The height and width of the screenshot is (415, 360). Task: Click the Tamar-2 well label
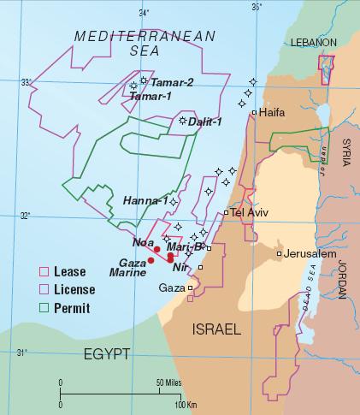[x=172, y=82]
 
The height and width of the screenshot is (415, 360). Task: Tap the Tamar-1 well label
[x=150, y=96]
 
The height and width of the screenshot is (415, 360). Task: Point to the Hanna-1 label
[x=145, y=200]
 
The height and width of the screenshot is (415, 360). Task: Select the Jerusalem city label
[x=310, y=254]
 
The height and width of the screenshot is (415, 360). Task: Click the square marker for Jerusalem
[x=280, y=254]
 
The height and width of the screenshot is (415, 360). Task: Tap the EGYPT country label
[x=106, y=353]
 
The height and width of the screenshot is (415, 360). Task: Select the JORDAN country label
[x=345, y=278]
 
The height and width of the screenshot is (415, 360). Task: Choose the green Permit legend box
[x=43, y=305]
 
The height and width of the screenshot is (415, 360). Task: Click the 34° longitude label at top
[x=144, y=12]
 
